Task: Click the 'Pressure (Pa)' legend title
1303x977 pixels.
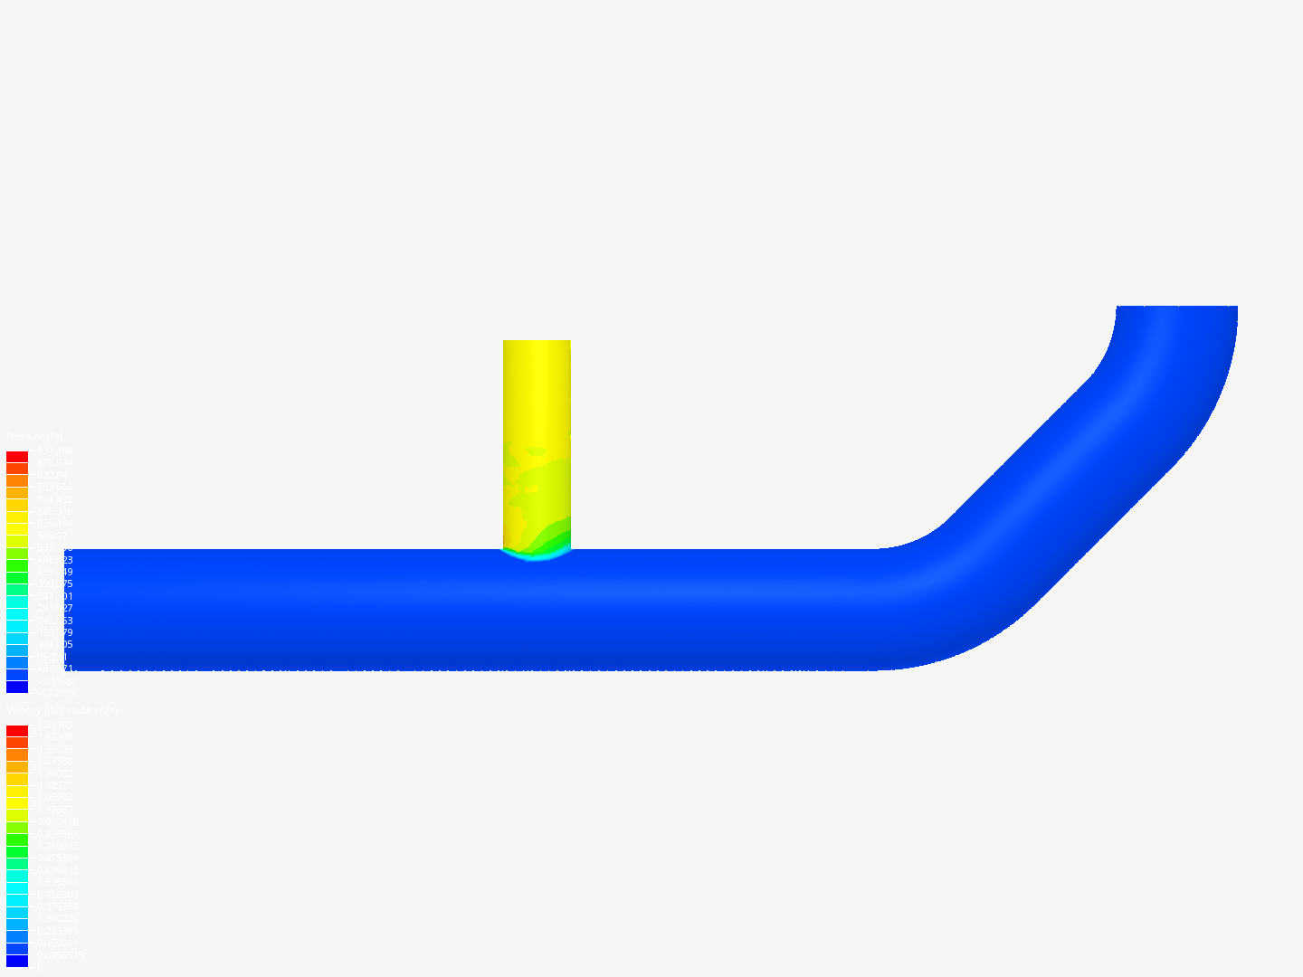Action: pos(34,437)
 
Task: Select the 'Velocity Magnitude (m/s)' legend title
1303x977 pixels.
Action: pos(62,711)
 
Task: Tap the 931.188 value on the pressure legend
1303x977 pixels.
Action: pos(54,451)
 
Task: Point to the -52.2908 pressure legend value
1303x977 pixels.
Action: pos(55,693)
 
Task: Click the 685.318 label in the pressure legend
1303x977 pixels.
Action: pos(54,511)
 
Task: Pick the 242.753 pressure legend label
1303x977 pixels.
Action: pos(54,621)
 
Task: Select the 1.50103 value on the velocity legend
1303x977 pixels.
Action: pos(54,725)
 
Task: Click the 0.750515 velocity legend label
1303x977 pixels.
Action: pos(56,846)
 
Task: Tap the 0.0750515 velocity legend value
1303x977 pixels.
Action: pos(59,955)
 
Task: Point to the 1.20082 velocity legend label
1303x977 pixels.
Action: pos(54,773)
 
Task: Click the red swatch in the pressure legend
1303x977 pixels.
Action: pos(17,457)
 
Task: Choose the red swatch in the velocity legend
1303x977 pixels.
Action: pos(17,731)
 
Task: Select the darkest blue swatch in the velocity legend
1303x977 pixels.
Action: pos(17,961)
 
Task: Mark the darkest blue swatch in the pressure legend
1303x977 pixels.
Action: pos(17,687)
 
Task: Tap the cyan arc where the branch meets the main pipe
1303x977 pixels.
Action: pos(537,555)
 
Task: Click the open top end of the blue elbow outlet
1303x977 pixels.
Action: pos(1176,308)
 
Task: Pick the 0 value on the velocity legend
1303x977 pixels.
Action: pos(39,967)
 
